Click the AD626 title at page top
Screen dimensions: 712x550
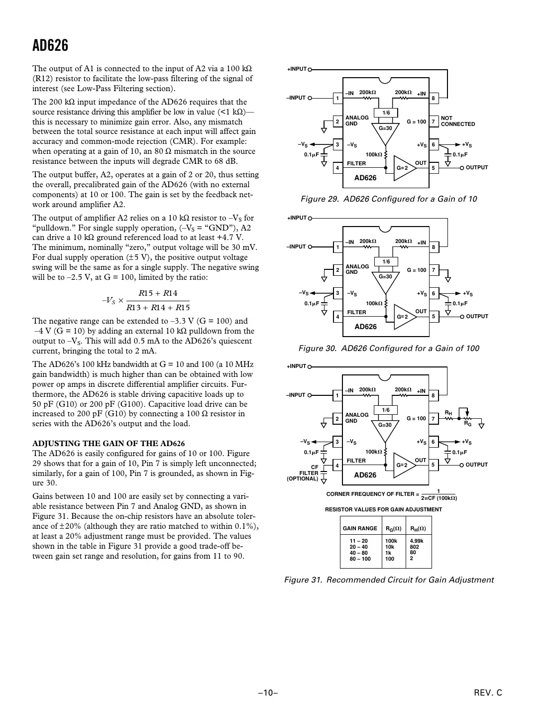[50, 46]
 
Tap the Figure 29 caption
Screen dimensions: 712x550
[389, 199]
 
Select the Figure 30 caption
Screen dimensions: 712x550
[389, 348]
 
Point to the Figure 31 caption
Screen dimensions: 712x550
[389, 580]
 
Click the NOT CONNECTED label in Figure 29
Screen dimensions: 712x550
[457, 121]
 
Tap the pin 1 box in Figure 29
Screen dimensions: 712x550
[337, 98]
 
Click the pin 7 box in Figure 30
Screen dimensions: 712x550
[433, 270]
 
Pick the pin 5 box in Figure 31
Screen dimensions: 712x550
[433, 465]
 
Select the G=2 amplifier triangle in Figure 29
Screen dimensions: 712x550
[403, 168]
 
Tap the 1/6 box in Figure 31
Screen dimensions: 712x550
[386, 410]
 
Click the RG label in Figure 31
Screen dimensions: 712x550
[468, 424]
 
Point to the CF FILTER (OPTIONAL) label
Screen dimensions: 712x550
[303, 473]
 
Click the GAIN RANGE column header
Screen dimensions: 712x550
[360, 528]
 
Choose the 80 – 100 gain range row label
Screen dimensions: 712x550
[360, 559]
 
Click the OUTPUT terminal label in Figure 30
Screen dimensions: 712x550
[477, 317]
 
